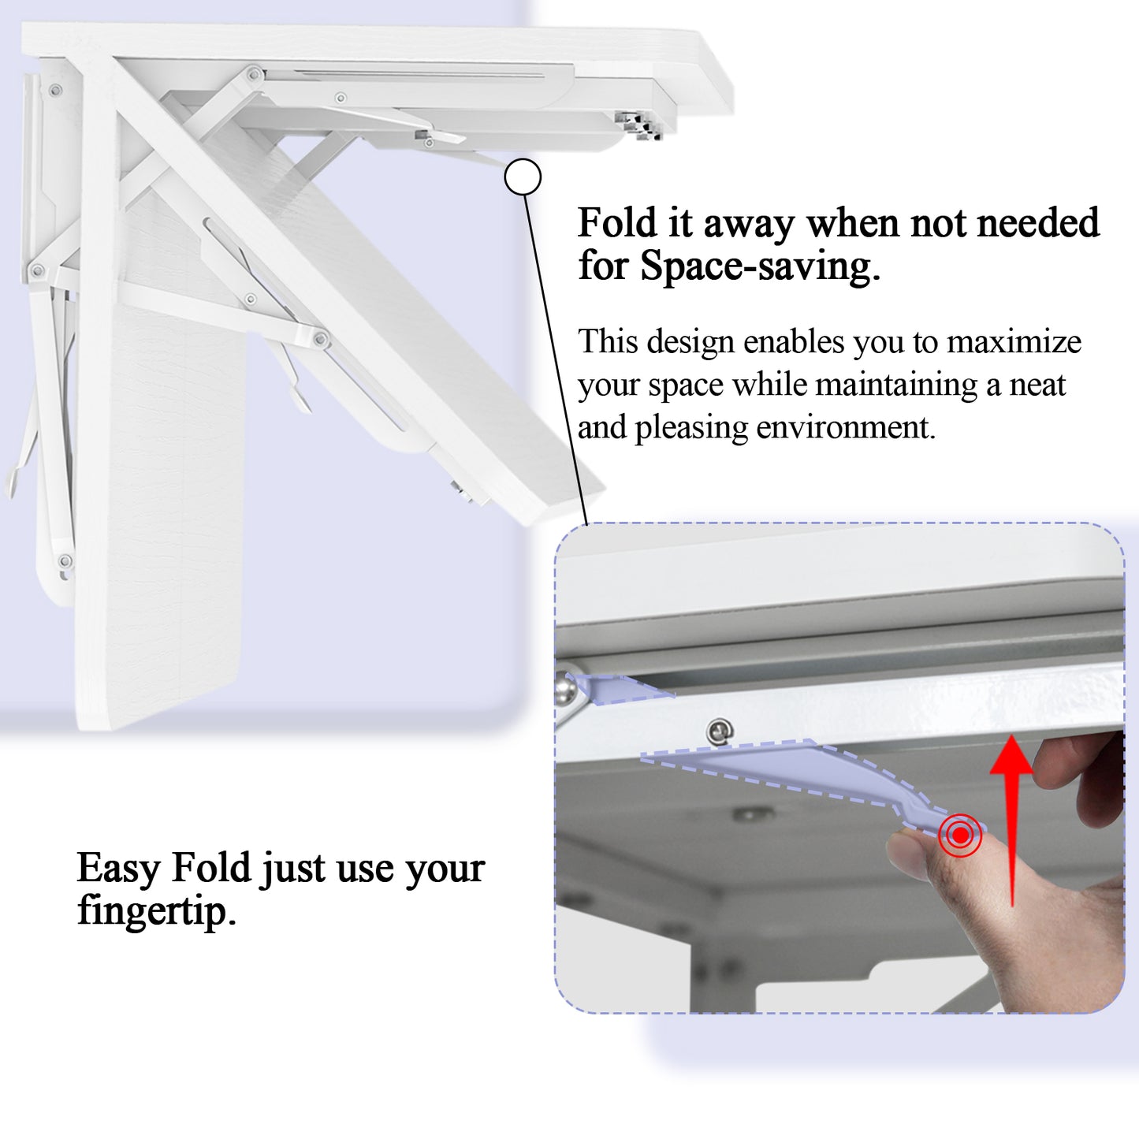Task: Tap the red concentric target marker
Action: [959, 835]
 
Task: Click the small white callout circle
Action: [523, 177]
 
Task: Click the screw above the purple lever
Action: [719, 731]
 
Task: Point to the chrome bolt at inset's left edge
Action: [565, 690]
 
